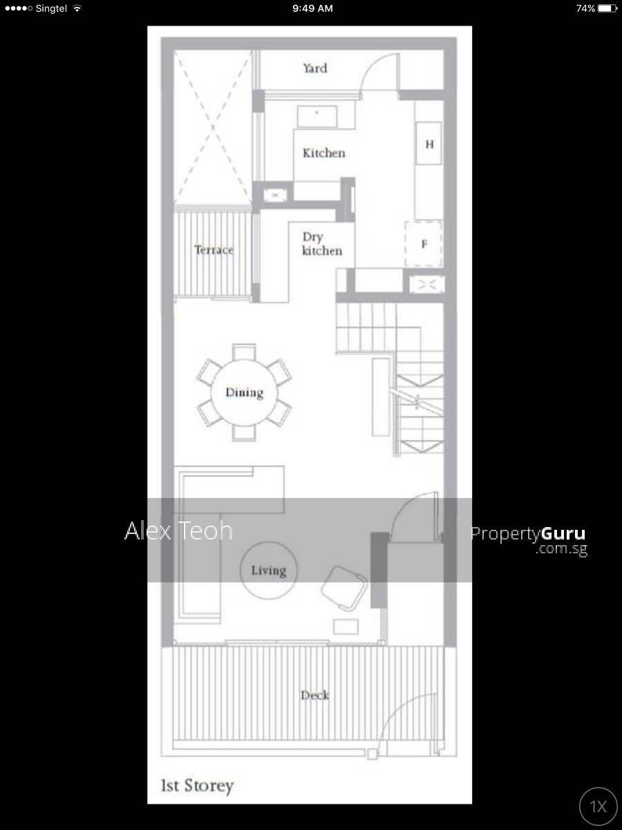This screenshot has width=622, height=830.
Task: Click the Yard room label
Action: click(315, 68)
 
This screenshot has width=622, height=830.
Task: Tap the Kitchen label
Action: click(323, 153)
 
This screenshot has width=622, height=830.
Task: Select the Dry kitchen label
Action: click(322, 244)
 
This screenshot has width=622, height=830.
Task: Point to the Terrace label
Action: click(214, 250)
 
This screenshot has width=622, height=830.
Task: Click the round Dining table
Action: click(244, 392)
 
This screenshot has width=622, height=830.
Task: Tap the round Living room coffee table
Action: click(269, 571)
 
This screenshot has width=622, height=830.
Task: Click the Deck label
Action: click(314, 695)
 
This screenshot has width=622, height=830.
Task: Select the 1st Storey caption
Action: click(197, 786)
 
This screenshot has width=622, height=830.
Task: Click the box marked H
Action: click(428, 143)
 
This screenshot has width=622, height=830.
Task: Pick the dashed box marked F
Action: click(424, 244)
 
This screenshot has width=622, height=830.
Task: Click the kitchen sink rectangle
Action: click(317, 116)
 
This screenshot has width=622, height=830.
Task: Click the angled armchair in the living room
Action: click(343, 589)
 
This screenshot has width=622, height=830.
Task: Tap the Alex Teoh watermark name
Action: click(178, 531)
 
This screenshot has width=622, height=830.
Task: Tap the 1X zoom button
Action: click(599, 806)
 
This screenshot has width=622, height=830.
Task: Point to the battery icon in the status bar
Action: click(607, 8)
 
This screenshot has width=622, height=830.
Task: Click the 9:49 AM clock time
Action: click(312, 8)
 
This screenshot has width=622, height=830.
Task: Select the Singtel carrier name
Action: click(51, 8)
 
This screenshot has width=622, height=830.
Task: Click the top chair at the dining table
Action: click(244, 352)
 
